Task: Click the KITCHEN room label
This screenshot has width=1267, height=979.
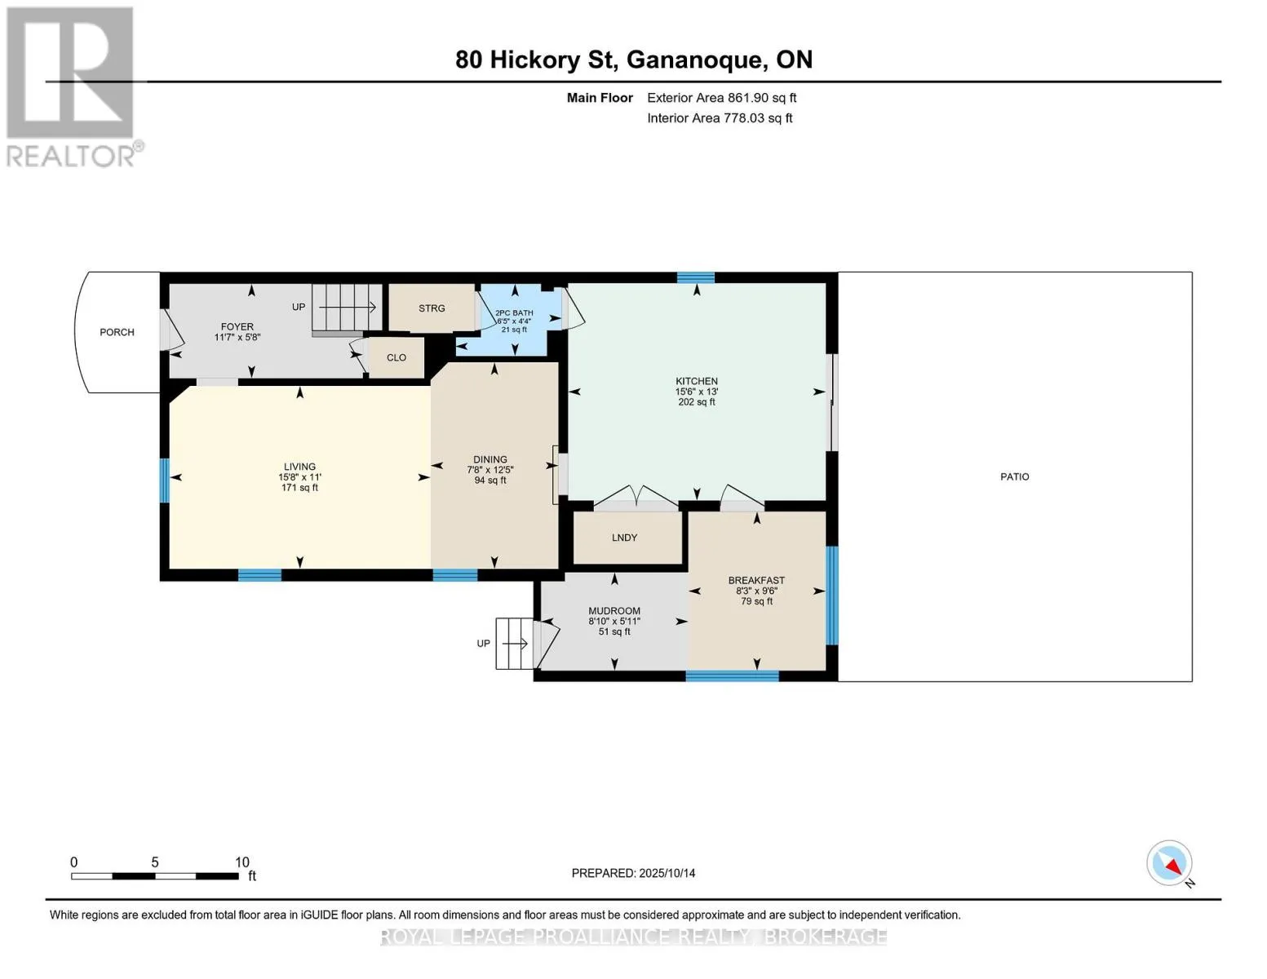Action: coord(696,381)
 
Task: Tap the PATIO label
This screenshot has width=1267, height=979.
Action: coord(1015,476)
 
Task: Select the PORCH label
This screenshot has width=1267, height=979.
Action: coord(117,332)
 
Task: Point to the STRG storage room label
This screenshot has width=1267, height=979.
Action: coord(432,308)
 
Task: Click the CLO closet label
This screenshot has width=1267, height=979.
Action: coord(396,357)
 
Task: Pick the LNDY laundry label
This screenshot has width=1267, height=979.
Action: coord(624,537)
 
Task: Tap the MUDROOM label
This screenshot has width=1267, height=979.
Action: coord(614,610)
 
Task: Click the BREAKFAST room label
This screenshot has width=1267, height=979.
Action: coord(756,580)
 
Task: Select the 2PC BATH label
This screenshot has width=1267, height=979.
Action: coord(514,313)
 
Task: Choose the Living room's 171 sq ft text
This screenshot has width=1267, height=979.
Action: coord(299,487)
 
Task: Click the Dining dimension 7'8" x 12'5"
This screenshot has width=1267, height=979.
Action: coord(490,470)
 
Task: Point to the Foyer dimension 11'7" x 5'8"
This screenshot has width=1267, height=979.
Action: coord(237,337)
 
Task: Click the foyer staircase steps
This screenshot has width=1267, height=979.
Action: coord(347,308)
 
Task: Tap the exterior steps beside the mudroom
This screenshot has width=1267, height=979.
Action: coord(514,643)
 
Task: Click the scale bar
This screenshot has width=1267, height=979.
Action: coord(154,876)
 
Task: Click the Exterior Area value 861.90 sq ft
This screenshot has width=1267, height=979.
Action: coord(761,98)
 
